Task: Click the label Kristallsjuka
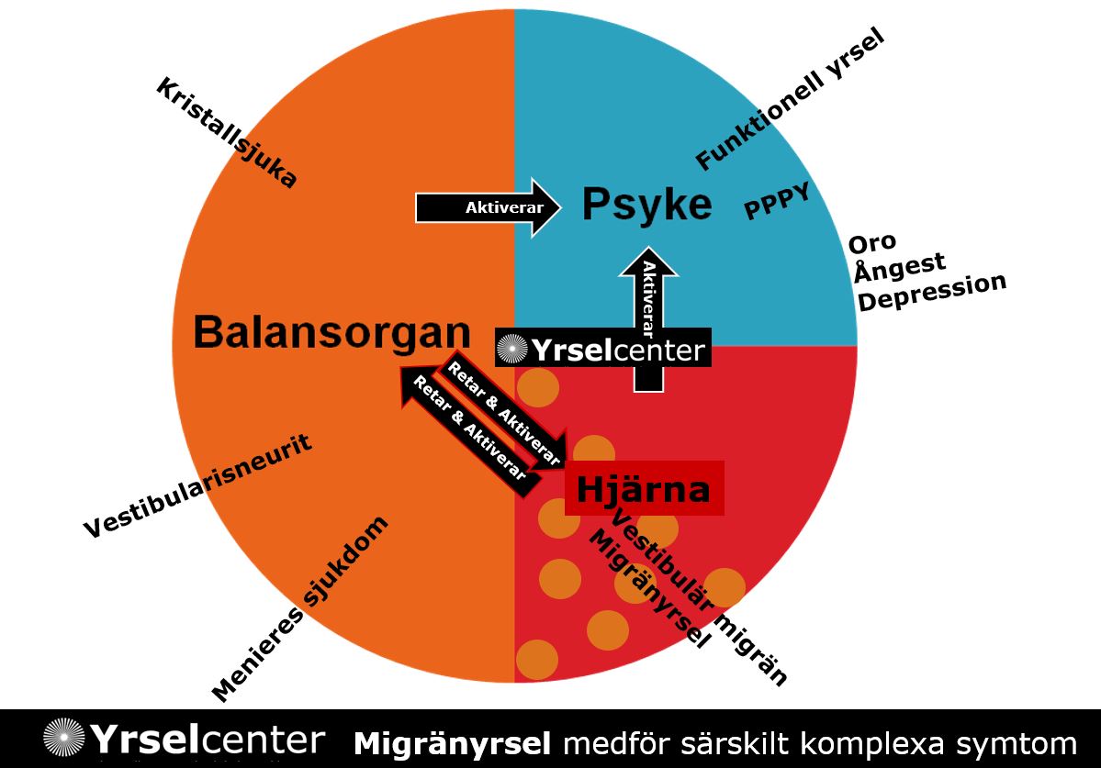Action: tap(226, 133)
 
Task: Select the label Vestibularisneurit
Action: tap(198, 486)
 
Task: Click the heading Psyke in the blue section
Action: tap(647, 205)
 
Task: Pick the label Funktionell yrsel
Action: tap(790, 100)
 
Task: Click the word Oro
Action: tap(872, 244)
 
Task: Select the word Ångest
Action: tap(899, 268)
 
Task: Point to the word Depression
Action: tap(932, 293)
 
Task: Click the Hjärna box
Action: tap(643, 489)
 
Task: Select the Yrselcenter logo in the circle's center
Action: tap(602, 349)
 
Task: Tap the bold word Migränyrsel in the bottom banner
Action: tap(453, 742)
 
